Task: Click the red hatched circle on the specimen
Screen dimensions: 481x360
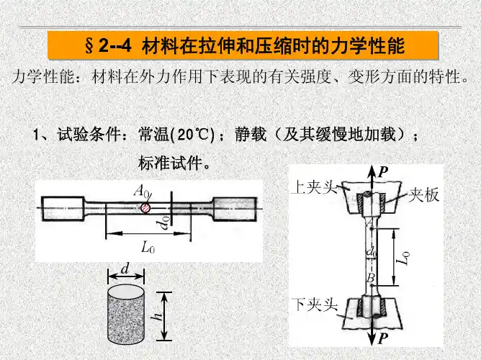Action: coord(145,208)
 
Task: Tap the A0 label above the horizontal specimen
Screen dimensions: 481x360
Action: coord(141,192)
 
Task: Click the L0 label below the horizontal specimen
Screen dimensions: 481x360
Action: coord(148,248)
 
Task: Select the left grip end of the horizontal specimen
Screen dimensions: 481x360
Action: coord(63,209)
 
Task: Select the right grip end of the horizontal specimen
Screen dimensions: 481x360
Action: coord(235,209)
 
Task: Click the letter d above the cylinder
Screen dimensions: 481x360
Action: coord(125,269)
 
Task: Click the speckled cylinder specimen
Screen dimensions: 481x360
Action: coord(126,315)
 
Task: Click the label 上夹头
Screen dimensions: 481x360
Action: coord(314,186)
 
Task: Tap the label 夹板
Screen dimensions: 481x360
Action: coord(423,194)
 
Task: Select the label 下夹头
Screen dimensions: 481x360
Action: coord(315,305)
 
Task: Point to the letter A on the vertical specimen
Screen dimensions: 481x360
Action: coord(369,221)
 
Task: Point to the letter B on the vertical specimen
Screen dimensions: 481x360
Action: coord(371,278)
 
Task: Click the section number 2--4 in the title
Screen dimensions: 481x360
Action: coord(115,46)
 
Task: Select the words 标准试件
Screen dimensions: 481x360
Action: coord(171,163)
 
